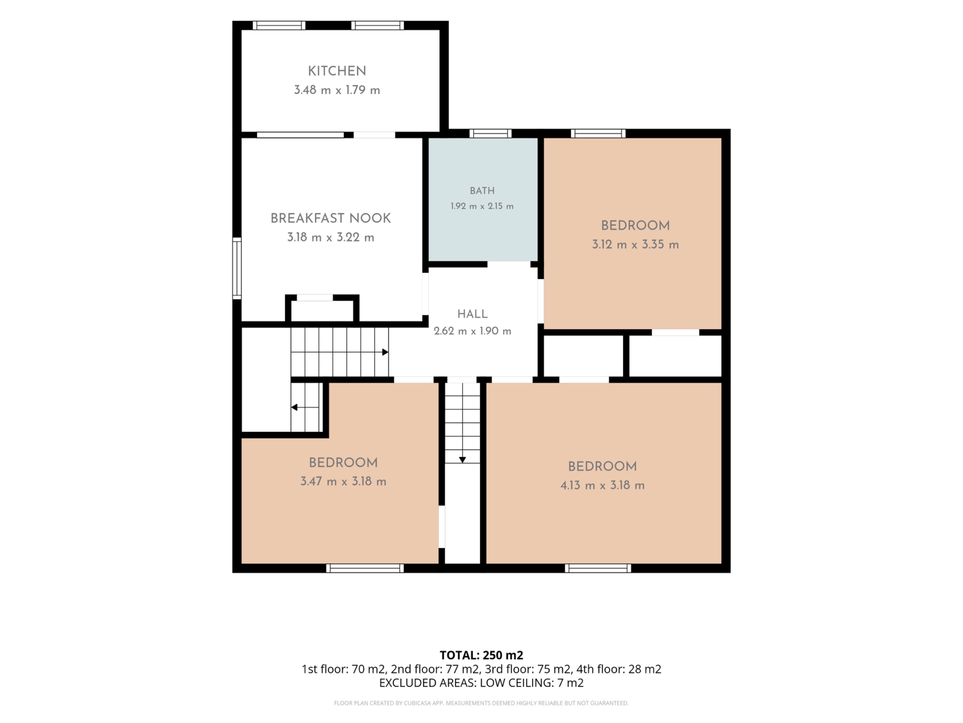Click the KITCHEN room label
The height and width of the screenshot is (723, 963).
pos(337,71)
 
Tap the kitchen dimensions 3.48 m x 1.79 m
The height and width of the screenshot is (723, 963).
pos(337,90)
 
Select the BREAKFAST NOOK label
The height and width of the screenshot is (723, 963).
pos(331,218)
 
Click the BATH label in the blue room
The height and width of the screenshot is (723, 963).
pos(482,191)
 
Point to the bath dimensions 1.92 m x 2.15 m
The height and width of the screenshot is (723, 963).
pos(482,206)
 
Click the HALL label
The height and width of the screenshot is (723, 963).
pos(472,314)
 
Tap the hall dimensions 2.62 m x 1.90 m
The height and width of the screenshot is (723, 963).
pos(472,331)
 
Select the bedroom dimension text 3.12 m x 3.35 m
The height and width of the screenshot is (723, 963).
pos(635,245)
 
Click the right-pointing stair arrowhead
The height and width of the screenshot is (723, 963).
pos(385,352)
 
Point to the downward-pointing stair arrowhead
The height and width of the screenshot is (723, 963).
pos(462,460)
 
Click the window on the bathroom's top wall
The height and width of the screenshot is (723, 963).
pos(490,133)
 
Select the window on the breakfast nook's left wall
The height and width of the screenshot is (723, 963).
pos(237,268)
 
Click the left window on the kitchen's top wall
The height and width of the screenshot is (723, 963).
pos(279,25)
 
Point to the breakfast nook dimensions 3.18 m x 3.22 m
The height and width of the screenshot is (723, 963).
pos(331,237)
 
